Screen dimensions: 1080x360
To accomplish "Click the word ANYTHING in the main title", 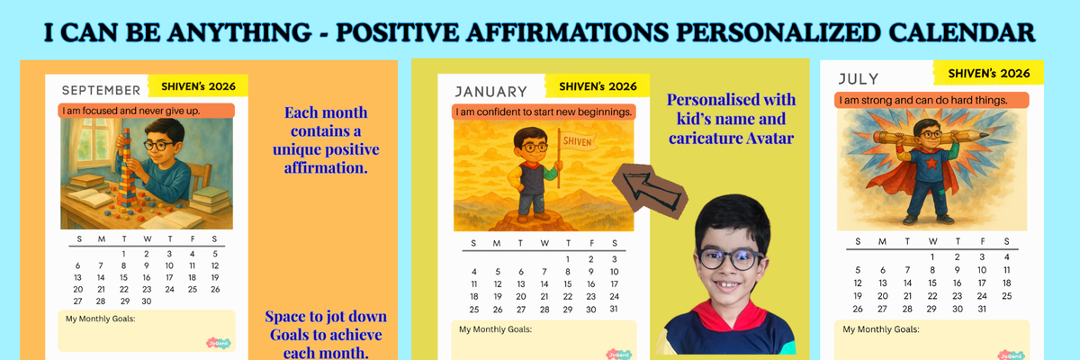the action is [x=239, y=32].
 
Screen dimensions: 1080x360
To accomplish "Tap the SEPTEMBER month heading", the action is [x=101, y=90].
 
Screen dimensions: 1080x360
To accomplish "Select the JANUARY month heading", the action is [x=491, y=92].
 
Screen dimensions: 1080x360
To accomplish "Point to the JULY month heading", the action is [x=859, y=78].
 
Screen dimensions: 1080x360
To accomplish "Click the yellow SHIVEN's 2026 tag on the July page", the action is [x=988, y=73].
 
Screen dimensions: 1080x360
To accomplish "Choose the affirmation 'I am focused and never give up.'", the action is [x=131, y=111].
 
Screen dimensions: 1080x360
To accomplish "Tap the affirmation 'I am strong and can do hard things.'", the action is [x=923, y=100].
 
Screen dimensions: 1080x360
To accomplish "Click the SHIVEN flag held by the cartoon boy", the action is [x=579, y=140].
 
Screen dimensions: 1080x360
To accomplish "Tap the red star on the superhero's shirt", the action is [x=931, y=163].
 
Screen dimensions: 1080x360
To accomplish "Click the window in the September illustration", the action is [x=91, y=139].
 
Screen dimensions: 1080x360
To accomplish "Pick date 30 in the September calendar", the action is [x=147, y=301].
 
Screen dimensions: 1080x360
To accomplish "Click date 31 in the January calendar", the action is [x=614, y=309].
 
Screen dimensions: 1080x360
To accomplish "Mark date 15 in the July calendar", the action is [x=932, y=283].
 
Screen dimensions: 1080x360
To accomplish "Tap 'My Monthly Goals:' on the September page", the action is [x=100, y=319].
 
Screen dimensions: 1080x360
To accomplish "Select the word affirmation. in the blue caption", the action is [x=326, y=167].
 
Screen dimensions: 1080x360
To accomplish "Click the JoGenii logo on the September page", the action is [x=219, y=343].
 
